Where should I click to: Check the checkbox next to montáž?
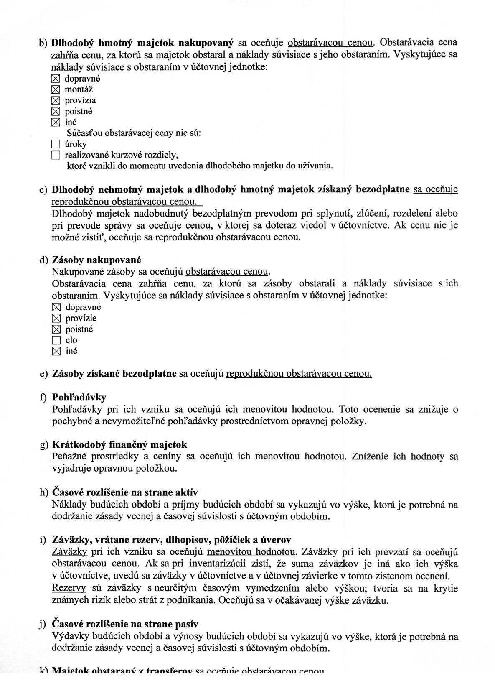56,89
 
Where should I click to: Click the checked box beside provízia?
56,100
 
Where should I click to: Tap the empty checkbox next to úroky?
56,144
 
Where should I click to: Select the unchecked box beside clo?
56,340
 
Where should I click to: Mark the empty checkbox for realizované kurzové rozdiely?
56,155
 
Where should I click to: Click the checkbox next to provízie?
56,318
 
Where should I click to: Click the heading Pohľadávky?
79,397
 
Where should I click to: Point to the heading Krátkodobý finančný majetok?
119,444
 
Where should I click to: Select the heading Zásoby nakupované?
96,260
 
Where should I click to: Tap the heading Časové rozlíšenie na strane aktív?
125,492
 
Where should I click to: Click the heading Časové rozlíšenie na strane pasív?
125,624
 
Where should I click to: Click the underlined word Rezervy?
69,588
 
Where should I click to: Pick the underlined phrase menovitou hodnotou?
251,552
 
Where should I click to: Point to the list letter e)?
44,373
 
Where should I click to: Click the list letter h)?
44,492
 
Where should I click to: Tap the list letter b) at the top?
43,43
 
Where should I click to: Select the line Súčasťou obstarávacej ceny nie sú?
134,133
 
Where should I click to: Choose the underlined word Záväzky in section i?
69,552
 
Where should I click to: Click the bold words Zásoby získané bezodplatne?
114,373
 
